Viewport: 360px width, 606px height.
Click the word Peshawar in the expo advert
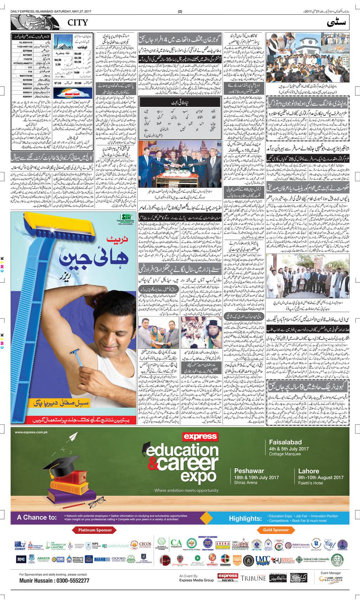248,471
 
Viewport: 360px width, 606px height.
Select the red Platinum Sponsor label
95,530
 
